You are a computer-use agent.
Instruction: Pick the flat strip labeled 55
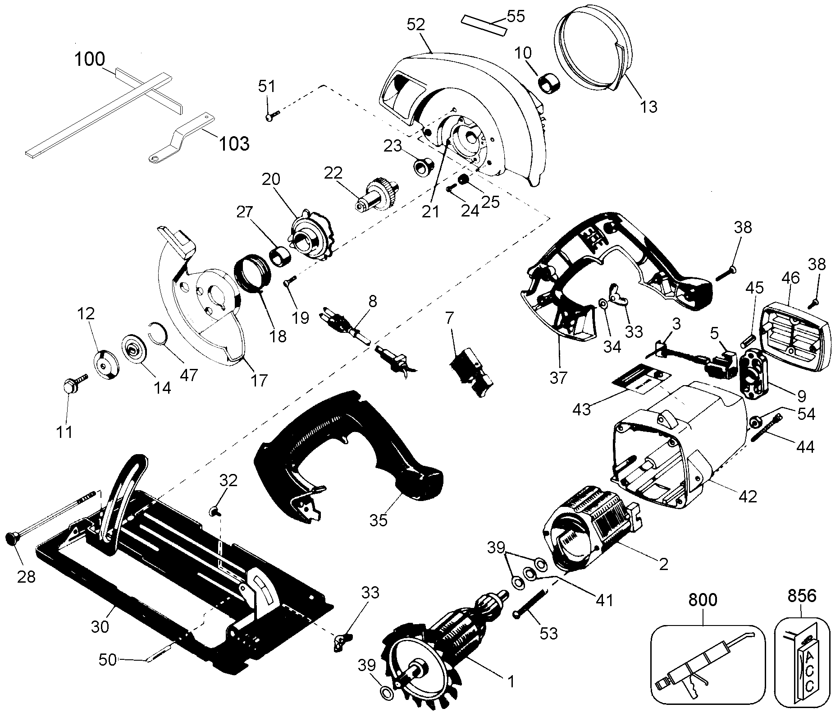tap(484, 26)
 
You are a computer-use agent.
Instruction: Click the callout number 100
tap(90, 59)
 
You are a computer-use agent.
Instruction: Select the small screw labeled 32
tap(215, 511)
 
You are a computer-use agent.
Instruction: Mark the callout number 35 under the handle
tap(379, 520)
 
